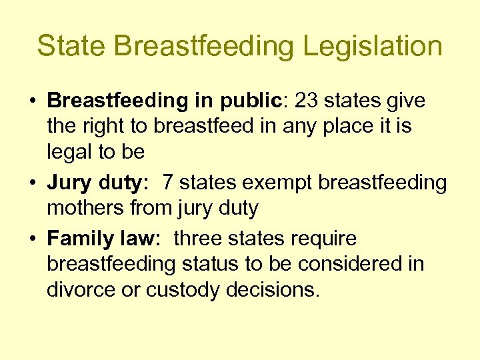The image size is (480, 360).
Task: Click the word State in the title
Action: [x=71, y=46]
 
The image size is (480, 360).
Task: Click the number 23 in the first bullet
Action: [x=308, y=101]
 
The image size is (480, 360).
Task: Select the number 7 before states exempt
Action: [x=169, y=183]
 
